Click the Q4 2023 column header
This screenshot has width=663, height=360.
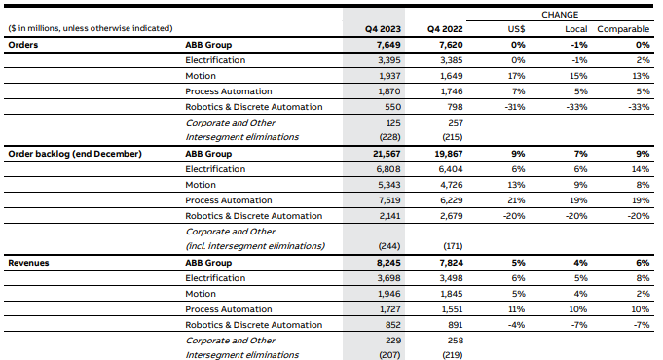tap(383, 29)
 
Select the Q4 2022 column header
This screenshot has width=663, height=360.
tap(445, 29)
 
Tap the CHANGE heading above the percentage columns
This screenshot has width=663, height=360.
tap(560, 15)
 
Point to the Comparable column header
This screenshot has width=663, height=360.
tap(623, 29)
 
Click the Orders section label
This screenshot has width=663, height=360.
tap(22, 45)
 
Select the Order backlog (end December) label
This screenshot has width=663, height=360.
tap(75, 154)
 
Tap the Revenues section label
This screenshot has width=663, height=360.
tap(28, 263)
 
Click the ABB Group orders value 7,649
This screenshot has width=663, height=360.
tap(388, 45)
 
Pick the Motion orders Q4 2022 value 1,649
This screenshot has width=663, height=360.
tap(451, 76)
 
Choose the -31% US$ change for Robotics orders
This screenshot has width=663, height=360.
tap(515, 107)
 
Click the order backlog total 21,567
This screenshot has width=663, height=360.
tap(387, 154)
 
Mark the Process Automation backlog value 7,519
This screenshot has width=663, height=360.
tap(389, 200)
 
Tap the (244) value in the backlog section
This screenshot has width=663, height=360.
tap(389, 246)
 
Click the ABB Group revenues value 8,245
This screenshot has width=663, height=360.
tap(388, 263)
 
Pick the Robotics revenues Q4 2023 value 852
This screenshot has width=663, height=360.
tap(392, 325)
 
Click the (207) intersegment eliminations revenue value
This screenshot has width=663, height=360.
tap(389, 355)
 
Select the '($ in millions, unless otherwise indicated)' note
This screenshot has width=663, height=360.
tap(91, 28)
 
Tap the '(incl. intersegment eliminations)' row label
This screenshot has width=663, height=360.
tap(255, 246)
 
